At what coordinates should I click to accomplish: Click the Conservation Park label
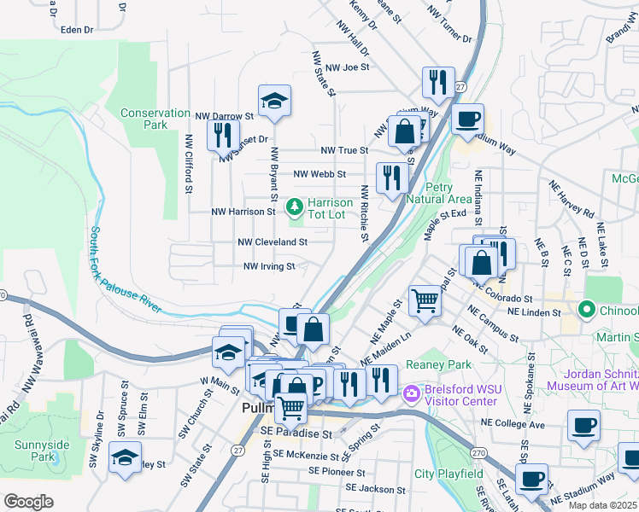tap(155, 119)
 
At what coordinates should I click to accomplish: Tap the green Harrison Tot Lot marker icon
tap(295, 207)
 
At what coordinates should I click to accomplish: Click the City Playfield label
tap(448, 474)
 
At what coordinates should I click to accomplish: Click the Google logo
tap(29, 501)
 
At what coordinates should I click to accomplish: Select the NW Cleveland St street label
tap(272, 242)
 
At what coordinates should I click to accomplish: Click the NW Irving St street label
tap(269, 266)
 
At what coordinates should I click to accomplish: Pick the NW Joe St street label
tap(346, 67)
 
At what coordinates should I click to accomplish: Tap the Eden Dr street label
tap(76, 29)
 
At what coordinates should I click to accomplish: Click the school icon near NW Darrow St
tap(274, 101)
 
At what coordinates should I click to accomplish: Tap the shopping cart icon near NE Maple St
tap(425, 300)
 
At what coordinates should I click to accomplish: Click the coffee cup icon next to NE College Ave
tap(585, 425)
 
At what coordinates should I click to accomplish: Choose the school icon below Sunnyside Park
tap(125, 458)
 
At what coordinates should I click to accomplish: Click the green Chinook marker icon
tap(586, 308)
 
